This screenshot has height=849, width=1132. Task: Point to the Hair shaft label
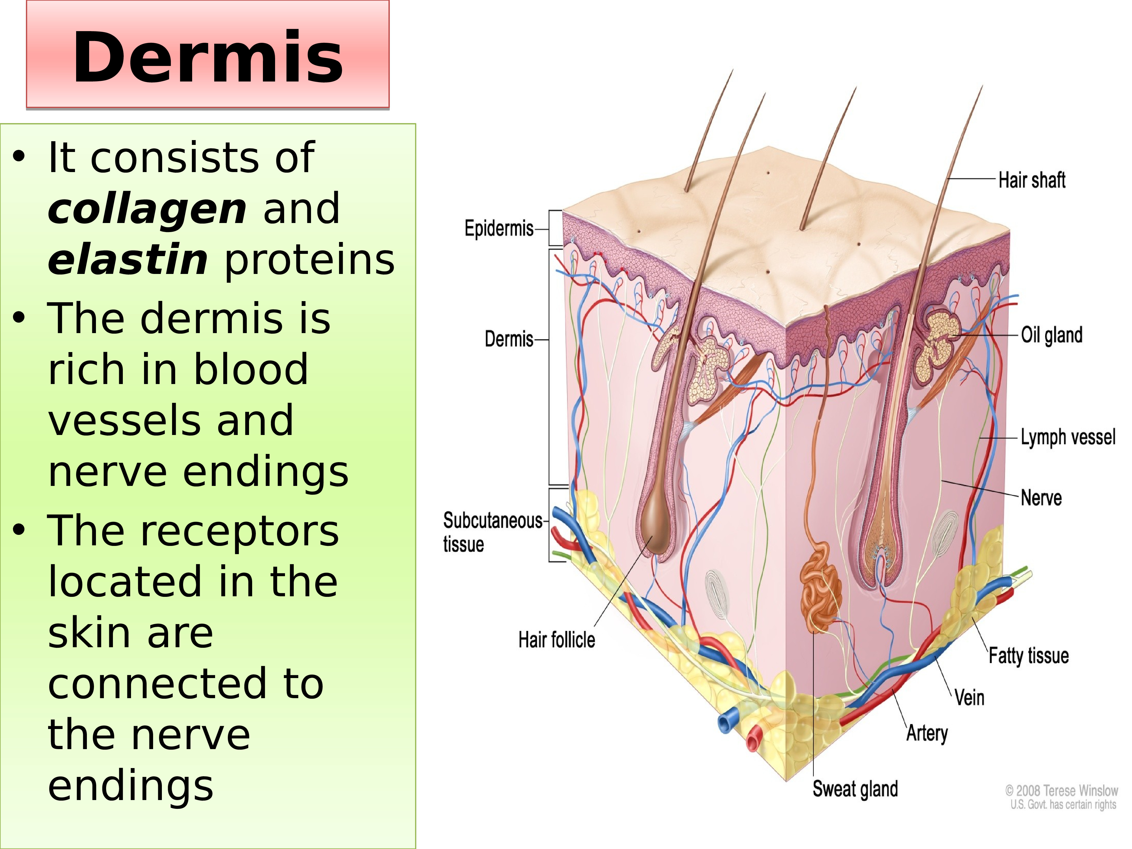[x=1032, y=180]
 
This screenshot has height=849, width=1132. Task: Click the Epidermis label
[x=498, y=228]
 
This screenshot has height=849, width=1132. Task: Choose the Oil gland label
[x=1052, y=335]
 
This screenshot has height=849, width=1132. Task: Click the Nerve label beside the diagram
[x=1041, y=498]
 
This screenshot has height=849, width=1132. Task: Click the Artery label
[x=927, y=733]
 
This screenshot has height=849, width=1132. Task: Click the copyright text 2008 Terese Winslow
[x=1061, y=791]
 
